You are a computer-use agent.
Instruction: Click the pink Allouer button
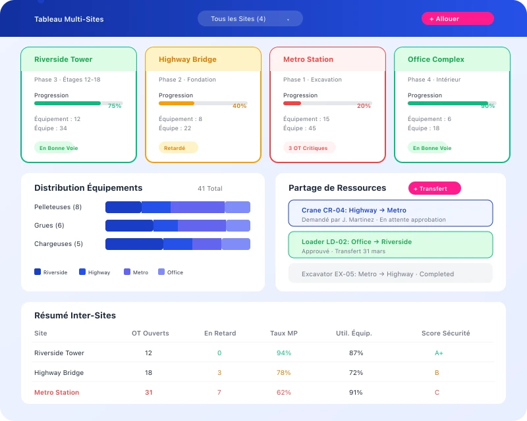pos(457,19)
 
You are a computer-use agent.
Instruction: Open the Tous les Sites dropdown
pos(250,19)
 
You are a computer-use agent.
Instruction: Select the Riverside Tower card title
pos(63,59)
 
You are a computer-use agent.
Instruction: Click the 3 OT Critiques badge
pos(309,148)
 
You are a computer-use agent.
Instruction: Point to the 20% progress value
pos(364,106)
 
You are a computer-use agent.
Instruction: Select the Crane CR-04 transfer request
pos(390,214)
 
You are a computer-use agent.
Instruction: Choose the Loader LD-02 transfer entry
pos(390,245)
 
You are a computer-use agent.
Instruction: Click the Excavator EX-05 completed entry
pos(390,274)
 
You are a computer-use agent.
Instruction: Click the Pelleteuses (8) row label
pos(58,207)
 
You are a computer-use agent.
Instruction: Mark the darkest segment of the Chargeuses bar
pos(134,244)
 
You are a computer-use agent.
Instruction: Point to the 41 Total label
pos(209,189)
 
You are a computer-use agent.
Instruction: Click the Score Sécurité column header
pos(445,334)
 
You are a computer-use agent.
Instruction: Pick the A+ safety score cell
pos(439,353)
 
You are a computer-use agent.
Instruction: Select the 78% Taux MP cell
pos(284,373)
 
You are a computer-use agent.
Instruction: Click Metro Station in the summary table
pos(57,393)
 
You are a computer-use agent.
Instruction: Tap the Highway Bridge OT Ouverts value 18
pos(148,373)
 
